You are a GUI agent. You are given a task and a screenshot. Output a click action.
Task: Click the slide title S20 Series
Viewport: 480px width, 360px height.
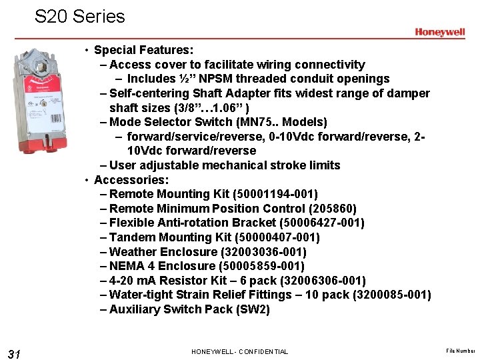coord(80,16)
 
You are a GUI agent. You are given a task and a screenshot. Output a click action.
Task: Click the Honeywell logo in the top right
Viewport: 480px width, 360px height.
coord(439,32)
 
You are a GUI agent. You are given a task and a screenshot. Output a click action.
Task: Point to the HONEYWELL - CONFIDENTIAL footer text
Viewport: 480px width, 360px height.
coord(239,351)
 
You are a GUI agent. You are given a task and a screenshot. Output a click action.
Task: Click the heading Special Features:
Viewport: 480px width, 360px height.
coord(144,50)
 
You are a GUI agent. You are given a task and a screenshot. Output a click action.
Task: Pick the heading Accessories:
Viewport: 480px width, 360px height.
coord(131,180)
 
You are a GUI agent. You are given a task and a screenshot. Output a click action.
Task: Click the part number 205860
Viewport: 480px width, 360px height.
coord(334,209)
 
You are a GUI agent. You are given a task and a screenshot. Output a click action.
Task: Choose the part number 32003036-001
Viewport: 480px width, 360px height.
coord(263,252)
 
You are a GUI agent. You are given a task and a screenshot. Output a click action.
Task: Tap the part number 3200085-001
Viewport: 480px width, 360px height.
coord(390,295)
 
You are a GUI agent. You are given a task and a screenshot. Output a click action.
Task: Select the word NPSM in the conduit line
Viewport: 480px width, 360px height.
coord(219,79)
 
